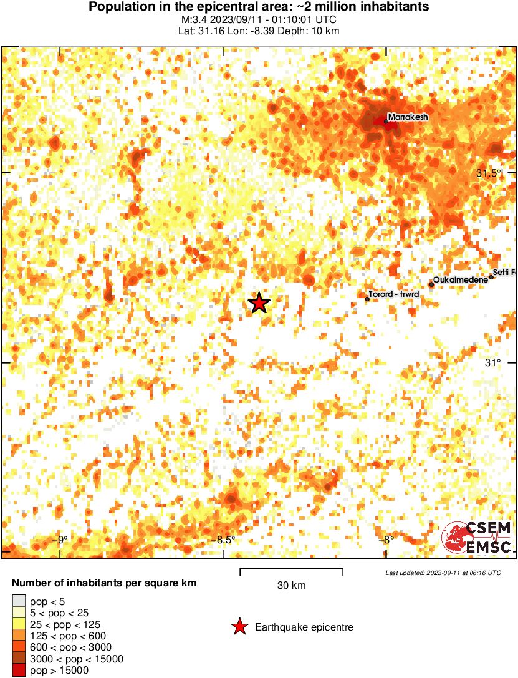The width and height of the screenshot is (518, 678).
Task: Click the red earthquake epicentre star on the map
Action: pyautogui.click(x=259, y=303)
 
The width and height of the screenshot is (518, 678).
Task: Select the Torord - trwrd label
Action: pyautogui.click(x=393, y=294)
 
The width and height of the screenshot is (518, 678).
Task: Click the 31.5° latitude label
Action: pyautogui.click(x=488, y=173)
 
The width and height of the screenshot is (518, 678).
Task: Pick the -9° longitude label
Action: pyautogui.click(x=62, y=540)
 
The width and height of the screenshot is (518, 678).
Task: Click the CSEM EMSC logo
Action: pyautogui.click(x=477, y=538)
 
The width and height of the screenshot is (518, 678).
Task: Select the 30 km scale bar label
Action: pyautogui.click(x=291, y=586)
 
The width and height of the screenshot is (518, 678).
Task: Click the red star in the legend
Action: pyautogui.click(x=238, y=627)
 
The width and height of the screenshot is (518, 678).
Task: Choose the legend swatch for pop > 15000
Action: pyautogui.click(x=19, y=671)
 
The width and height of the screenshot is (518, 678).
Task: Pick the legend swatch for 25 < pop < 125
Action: pyautogui.click(x=19, y=624)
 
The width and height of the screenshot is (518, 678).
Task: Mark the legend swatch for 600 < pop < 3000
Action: pyautogui.click(x=19, y=647)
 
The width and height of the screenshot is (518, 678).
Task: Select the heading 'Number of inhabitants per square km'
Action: pyautogui.click(x=105, y=584)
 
